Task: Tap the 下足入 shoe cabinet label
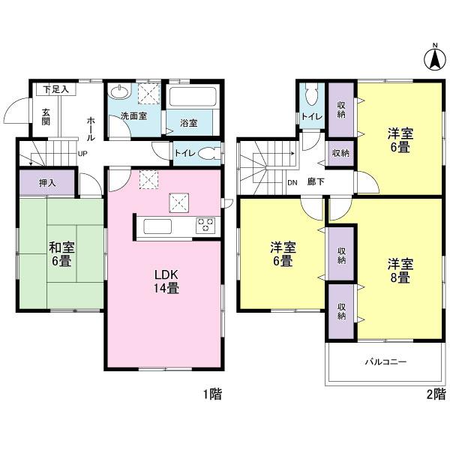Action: point(55,89)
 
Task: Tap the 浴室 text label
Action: point(189,123)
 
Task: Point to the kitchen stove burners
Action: point(205,224)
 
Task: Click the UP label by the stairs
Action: point(83,156)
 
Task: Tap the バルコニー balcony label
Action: point(385,362)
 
